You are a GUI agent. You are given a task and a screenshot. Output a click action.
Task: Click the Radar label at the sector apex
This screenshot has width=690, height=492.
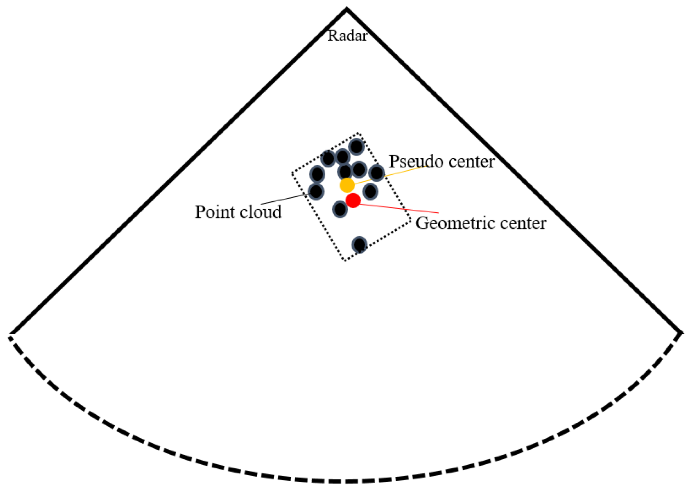[x=347, y=36]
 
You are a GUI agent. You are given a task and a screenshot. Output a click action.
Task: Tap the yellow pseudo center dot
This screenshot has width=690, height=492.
[x=347, y=185]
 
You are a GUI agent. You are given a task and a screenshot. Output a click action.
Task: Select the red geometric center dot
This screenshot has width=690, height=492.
[x=353, y=200]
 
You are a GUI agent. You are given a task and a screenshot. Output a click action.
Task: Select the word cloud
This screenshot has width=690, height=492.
[x=261, y=212]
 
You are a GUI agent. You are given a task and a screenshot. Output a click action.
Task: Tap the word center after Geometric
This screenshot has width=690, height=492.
[x=523, y=223]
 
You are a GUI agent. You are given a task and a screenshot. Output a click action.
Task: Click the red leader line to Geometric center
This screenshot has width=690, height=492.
[x=401, y=209]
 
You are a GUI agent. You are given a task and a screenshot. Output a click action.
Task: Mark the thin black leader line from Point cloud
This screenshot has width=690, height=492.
[x=284, y=199]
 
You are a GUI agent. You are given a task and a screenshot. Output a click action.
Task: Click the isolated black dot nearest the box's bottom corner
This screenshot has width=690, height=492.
[x=360, y=244]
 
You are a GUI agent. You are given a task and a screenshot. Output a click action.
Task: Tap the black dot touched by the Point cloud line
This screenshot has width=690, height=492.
[x=316, y=191]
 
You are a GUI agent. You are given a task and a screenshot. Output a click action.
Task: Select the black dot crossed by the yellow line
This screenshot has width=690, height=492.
[x=377, y=173]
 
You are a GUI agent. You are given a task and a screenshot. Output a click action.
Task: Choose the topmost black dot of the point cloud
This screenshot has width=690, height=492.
[x=357, y=147]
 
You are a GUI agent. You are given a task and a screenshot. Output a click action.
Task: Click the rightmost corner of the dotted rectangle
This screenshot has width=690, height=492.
[x=411, y=220]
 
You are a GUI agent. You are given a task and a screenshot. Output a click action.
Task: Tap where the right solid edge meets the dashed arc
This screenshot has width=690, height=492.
[x=680, y=333]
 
